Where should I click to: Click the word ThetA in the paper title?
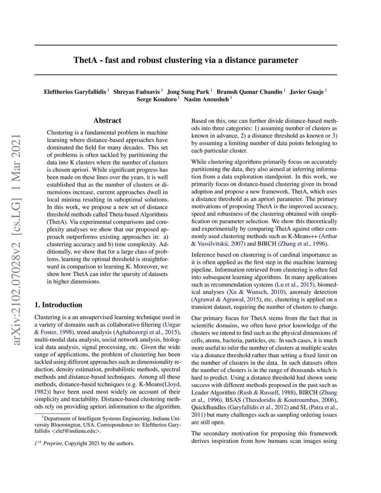[x=85, y=60]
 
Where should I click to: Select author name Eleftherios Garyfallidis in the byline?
[x=75, y=92]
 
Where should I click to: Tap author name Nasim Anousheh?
[x=206, y=99]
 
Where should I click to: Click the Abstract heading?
[x=107, y=121]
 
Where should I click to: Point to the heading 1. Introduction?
[x=58, y=305]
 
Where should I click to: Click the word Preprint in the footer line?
[x=52, y=444]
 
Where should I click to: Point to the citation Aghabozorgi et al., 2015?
[x=147, y=332]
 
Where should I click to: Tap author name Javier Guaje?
[x=307, y=92]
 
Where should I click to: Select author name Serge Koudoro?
[x=157, y=99]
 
